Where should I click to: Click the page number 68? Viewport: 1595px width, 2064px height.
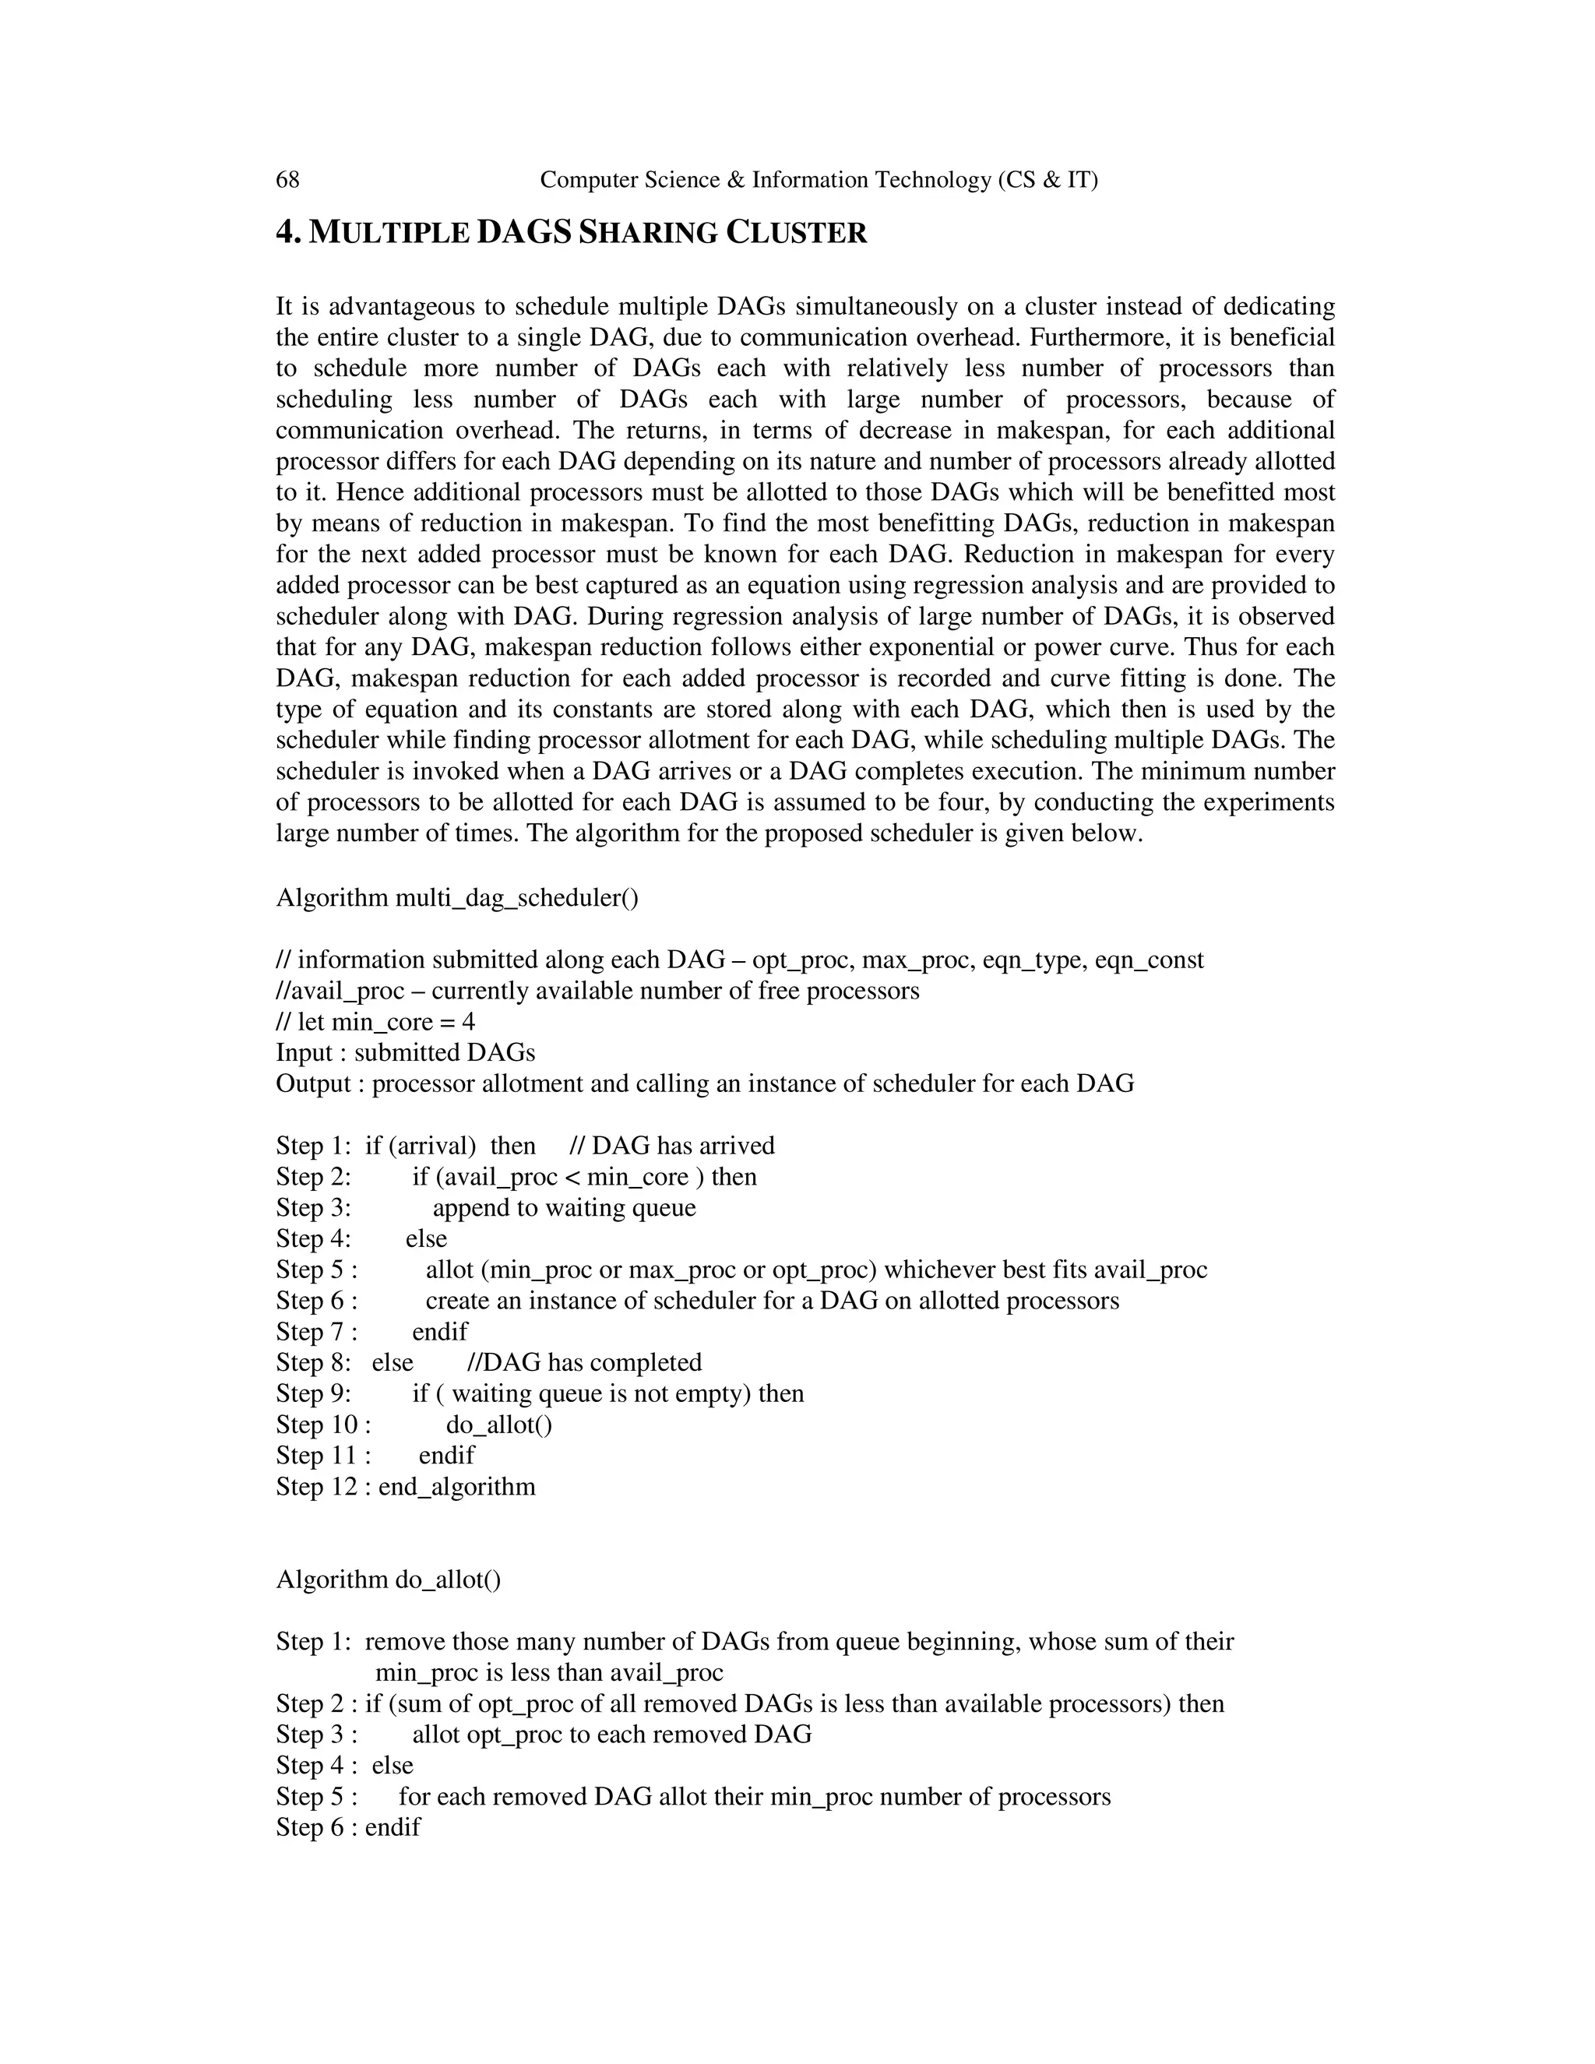[x=287, y=180]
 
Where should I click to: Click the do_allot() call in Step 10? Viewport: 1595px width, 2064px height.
[x=499, y=1425]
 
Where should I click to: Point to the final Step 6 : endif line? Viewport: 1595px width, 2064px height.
[x=347, y=1826]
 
